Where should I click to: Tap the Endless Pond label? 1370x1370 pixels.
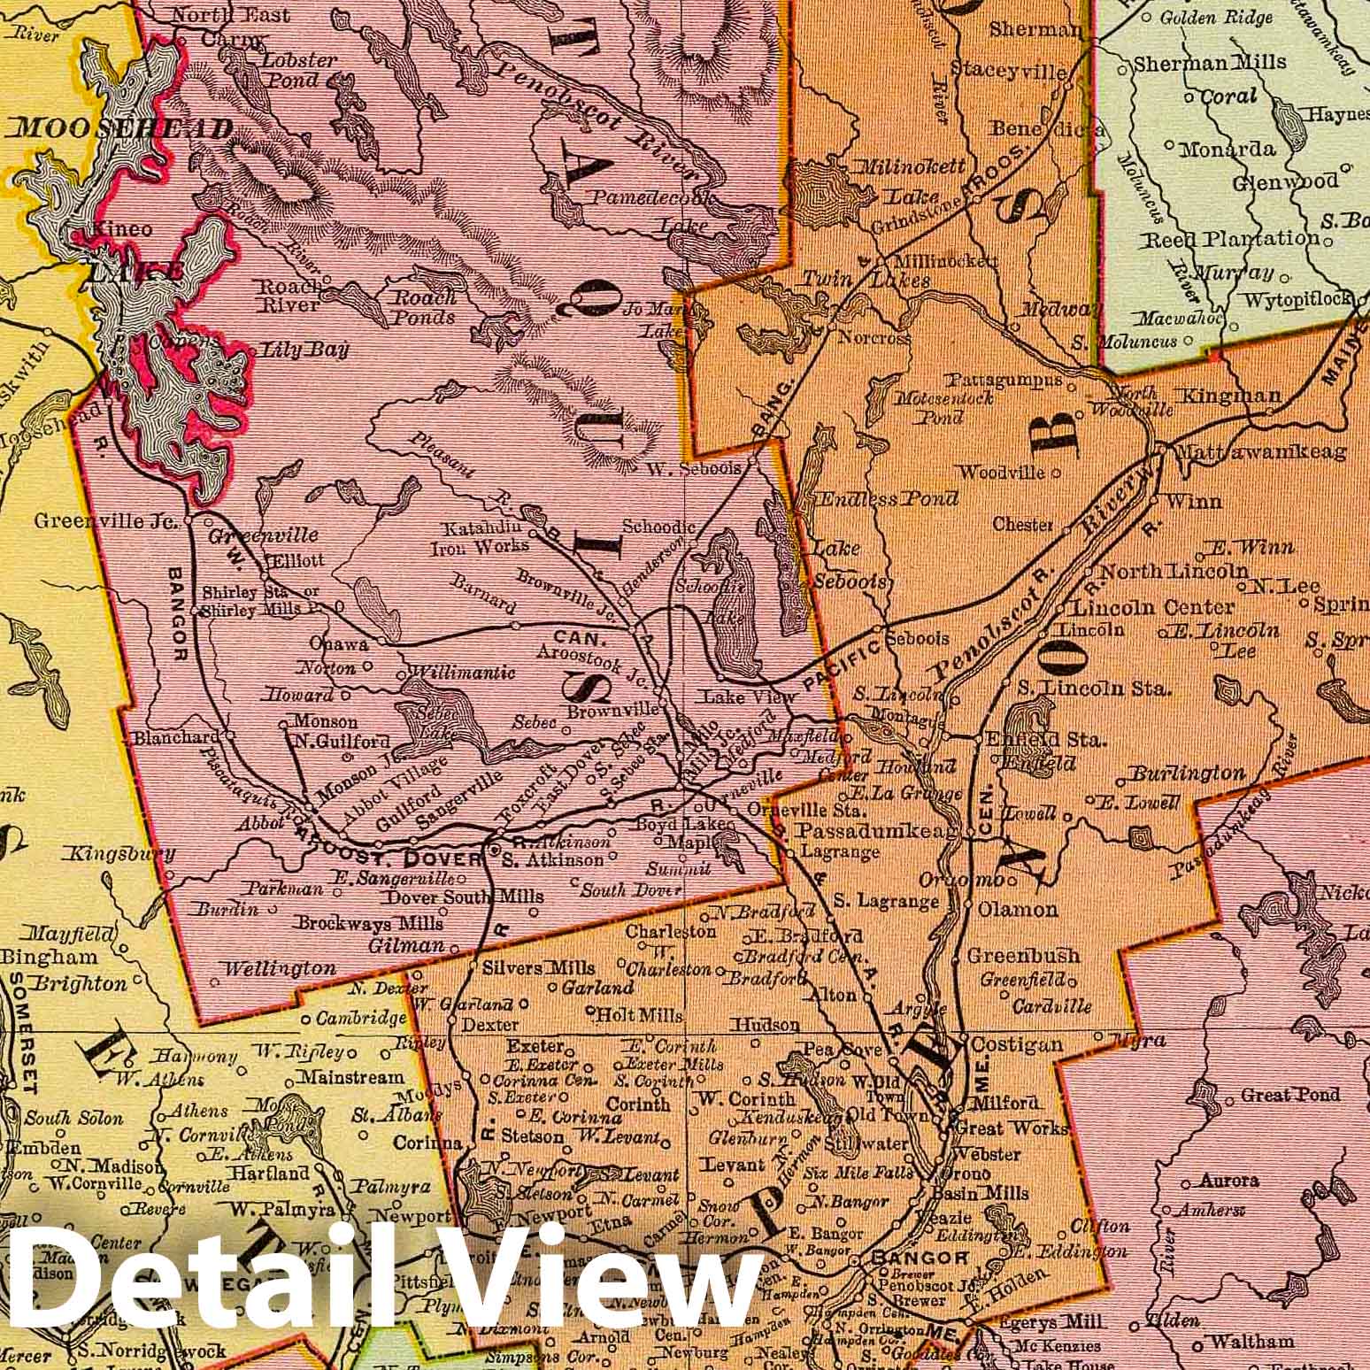click(888, 498)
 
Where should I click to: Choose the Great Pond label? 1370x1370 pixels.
click(1290, 1095)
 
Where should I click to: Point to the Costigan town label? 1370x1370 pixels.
click(1017, 1045)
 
